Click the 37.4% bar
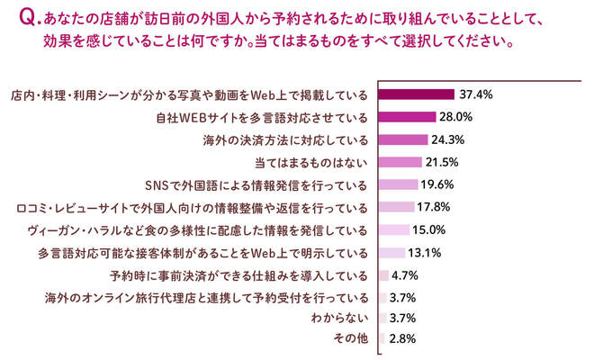pos(416,94)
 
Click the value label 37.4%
pos(477,94)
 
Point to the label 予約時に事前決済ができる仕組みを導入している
pos(238,274)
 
